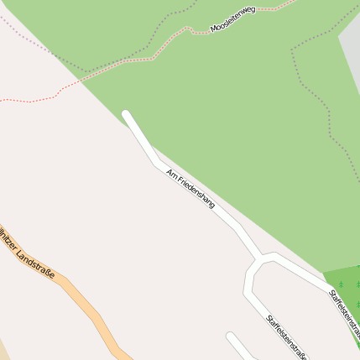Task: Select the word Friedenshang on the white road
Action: pyautogui.click(x=196, y=193)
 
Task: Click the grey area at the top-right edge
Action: pyautogui.click(x=351, y=50)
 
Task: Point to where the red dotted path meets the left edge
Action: pyautogui.click(x=2, y=101)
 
